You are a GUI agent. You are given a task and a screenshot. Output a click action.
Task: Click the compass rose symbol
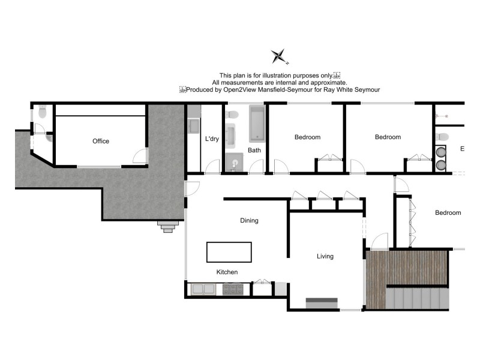pos(279,56)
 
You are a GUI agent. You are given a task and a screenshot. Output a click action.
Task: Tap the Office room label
pos(101,142)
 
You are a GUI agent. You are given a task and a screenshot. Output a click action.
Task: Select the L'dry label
pos(212,139)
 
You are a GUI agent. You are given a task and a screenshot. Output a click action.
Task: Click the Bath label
pos(254,151)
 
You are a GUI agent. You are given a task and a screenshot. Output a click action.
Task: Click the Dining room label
pos(249,221)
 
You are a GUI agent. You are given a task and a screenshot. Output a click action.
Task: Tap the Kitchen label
pos(227,272)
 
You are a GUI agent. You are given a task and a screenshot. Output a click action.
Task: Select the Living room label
pos(325,257)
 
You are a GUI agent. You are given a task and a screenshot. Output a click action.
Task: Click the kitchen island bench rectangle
pos(229,252)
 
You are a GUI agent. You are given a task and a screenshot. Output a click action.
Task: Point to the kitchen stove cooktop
pos(232,289)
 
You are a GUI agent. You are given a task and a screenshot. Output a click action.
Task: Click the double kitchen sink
pos(204,289)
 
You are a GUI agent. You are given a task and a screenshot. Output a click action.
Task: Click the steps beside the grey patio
pos(168,226)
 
